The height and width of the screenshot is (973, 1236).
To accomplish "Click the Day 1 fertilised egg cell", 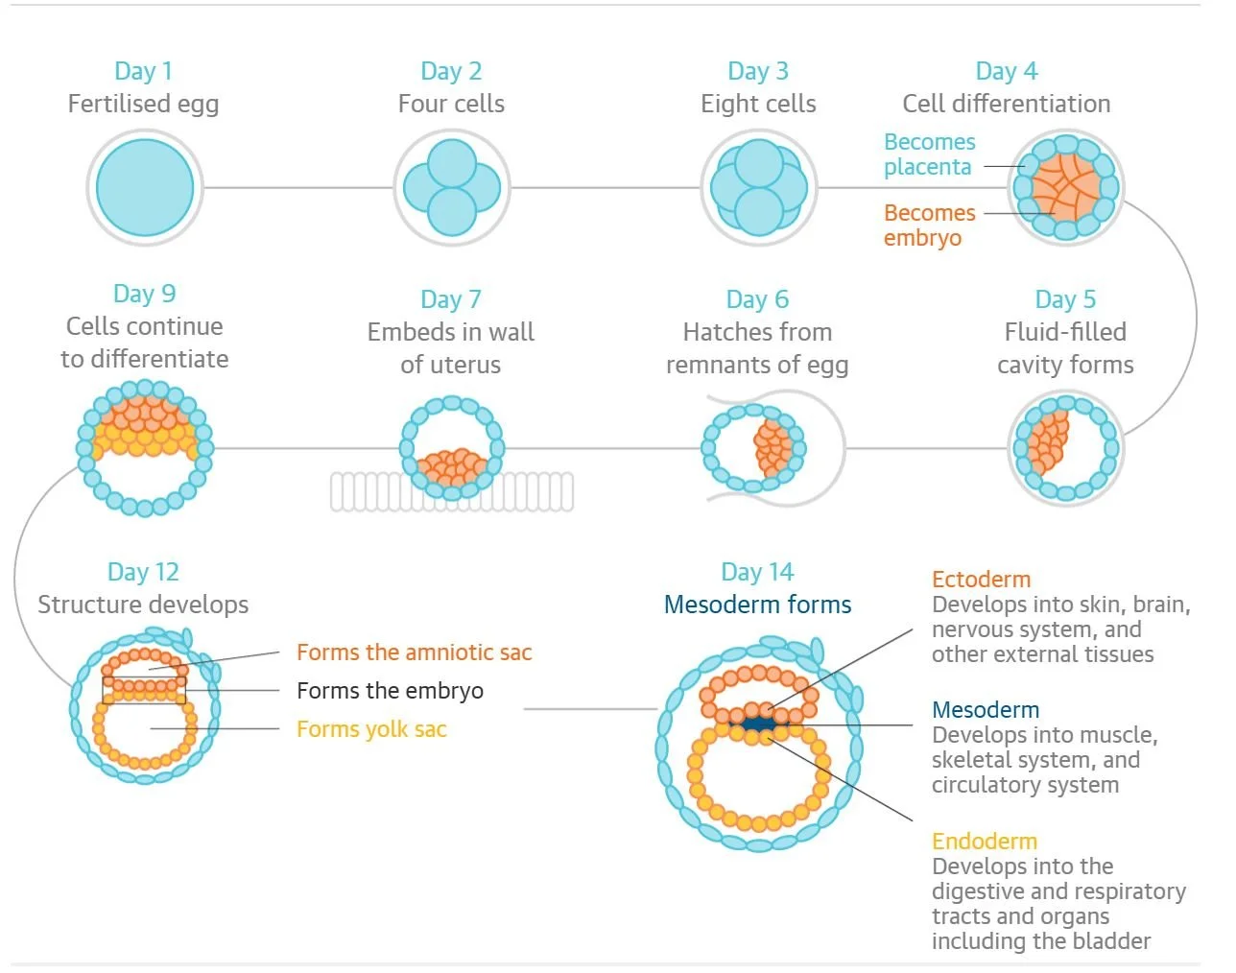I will [x=145, y=188].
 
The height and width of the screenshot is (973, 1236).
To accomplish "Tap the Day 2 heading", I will [x=451, y=71].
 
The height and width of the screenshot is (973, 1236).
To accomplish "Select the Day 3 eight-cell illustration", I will [x=758, y=188].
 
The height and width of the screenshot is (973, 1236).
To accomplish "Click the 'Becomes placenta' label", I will [x=929, y=154].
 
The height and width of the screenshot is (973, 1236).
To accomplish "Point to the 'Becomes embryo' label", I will [x=929, y=225].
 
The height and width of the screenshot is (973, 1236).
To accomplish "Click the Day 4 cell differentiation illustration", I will [x=1065, y=188].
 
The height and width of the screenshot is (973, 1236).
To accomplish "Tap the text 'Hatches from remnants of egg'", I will [x=757, y=348].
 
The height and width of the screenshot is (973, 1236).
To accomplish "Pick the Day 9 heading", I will [x=144, y=294].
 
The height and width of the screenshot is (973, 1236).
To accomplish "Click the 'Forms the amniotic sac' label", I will [x=414, y=653].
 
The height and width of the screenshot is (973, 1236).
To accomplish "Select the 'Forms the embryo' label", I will [x=390, y=691].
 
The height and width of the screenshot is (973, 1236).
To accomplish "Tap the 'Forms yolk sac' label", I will [x=371, y=729].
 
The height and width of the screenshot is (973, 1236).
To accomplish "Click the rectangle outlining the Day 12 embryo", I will [x=144, y=690].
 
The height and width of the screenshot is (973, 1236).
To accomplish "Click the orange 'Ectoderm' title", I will [x=981, y=580].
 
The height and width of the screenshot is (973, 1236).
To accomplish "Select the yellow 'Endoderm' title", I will [x=984, y=842].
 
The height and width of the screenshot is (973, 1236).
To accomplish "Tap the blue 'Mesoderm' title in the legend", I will [x=986, y=710].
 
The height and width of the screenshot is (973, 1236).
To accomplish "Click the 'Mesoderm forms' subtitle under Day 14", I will [x=757, y=605].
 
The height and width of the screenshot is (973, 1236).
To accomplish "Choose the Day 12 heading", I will [x=143, y=572].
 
